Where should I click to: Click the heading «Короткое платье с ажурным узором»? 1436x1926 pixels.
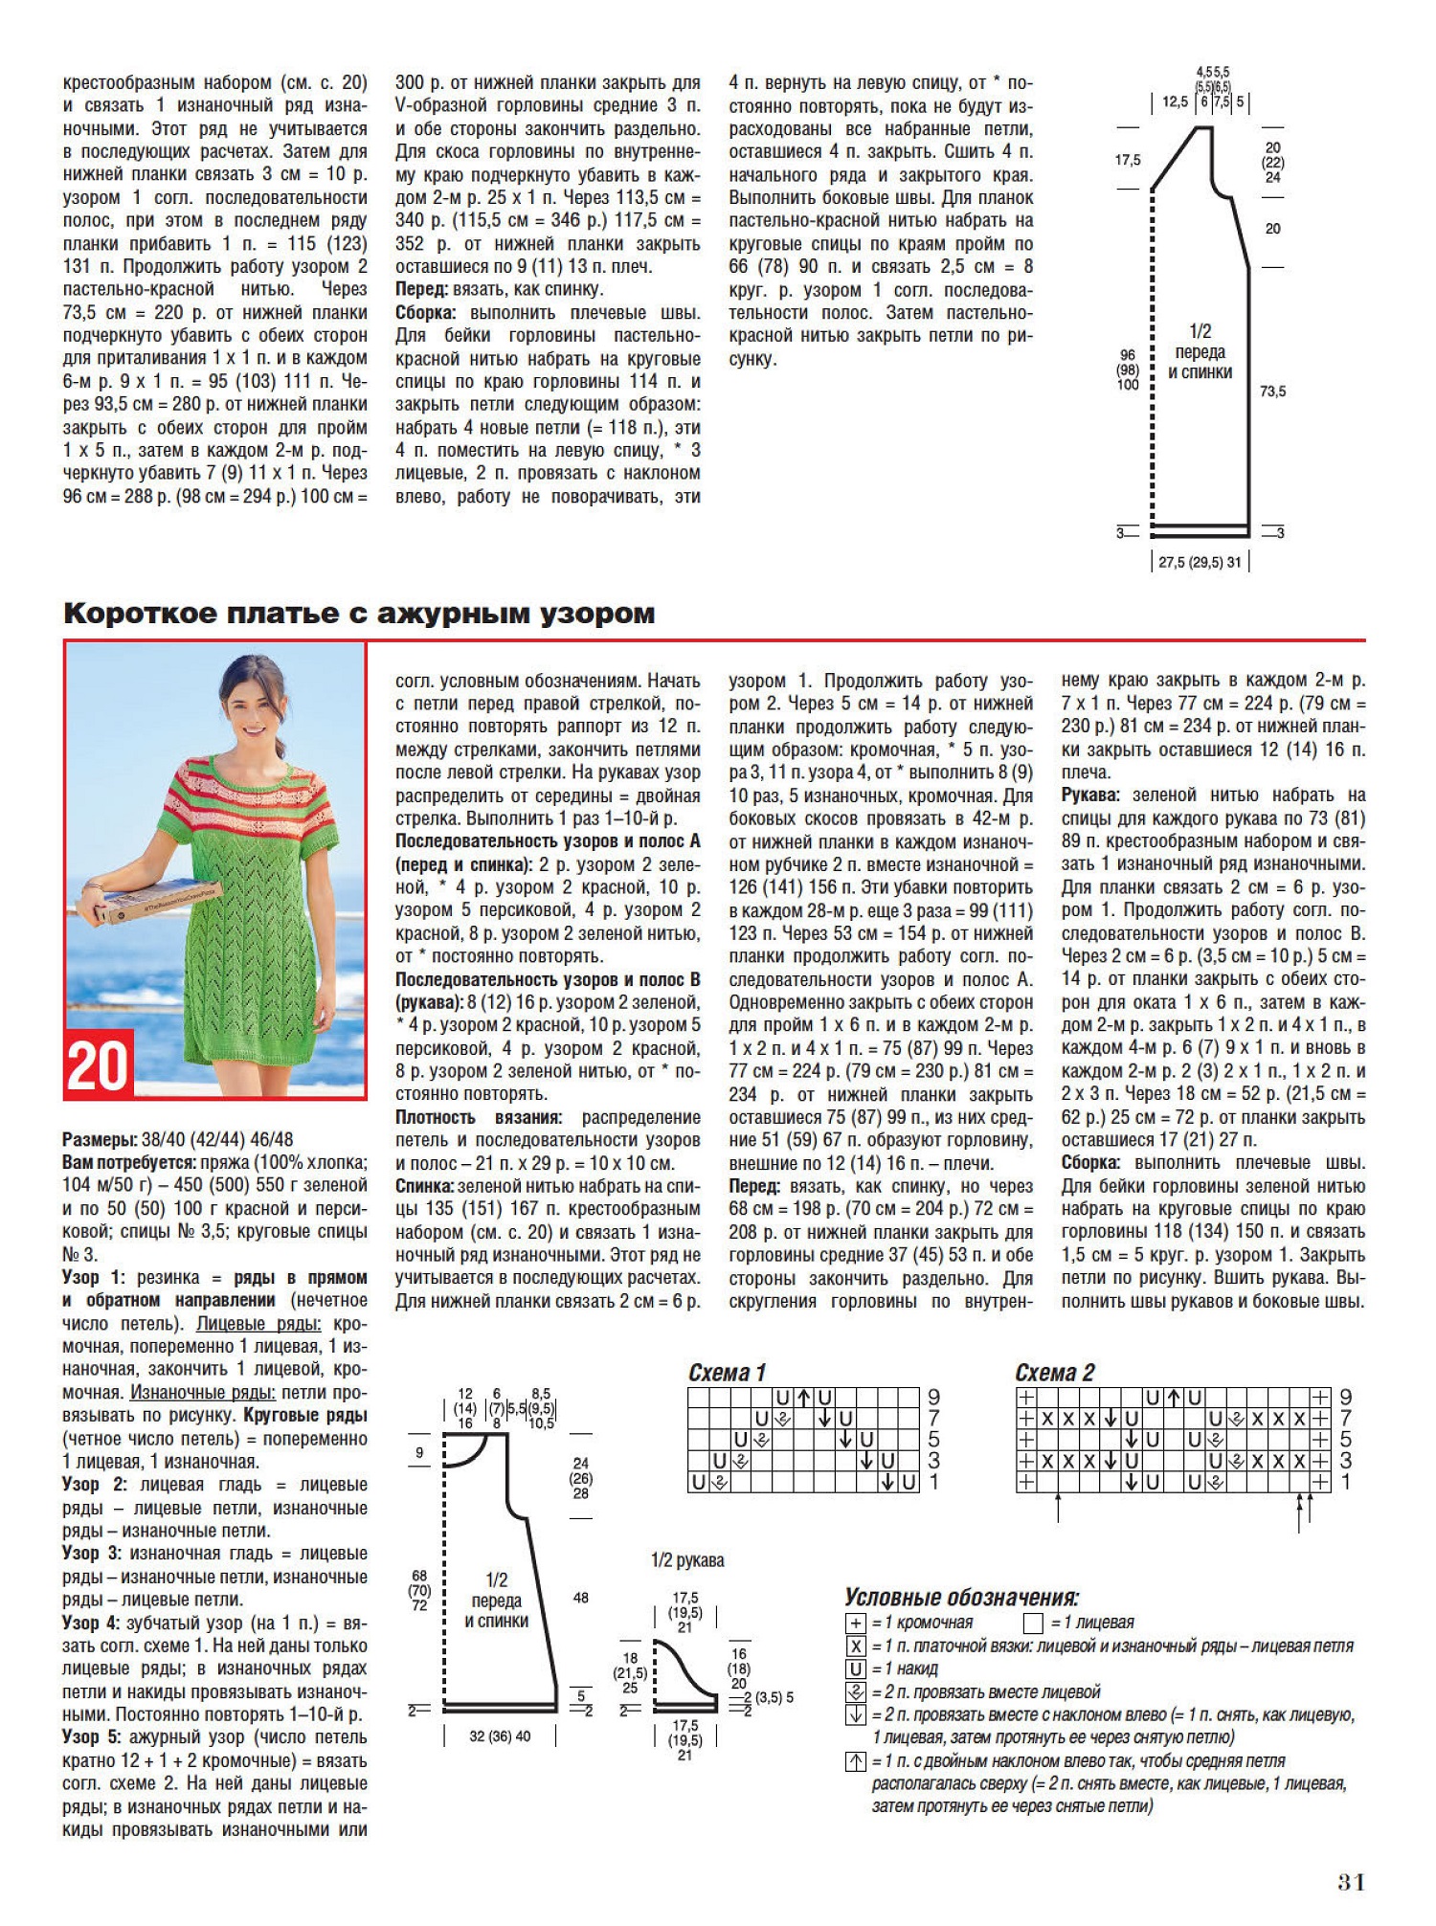(x=359, y=614)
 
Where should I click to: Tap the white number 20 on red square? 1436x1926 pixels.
(x=98, y=1065)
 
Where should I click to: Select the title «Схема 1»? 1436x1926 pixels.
(x=727, y=1373)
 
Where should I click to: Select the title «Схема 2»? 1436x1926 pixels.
(x=1054, y=1373)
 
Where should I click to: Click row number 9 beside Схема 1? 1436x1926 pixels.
(x=933, y=1398)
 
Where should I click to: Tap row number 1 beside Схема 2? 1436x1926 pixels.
(x=1345, y=1482)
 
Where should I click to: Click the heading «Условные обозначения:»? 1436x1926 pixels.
(x=961, y=1598)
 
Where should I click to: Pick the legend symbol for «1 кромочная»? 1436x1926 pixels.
(x=856, y=1624)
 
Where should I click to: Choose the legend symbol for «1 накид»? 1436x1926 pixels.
(x=856, y=1669)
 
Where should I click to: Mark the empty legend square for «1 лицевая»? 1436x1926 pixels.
(x=1032, y=1624)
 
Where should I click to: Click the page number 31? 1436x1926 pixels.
(x=1351, y=1882)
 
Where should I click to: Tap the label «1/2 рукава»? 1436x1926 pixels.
(x=687, y=1561)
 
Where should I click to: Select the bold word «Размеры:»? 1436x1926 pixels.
(x=100, y=1139)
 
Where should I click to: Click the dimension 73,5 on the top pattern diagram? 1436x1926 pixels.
(x=1272, y=392)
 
